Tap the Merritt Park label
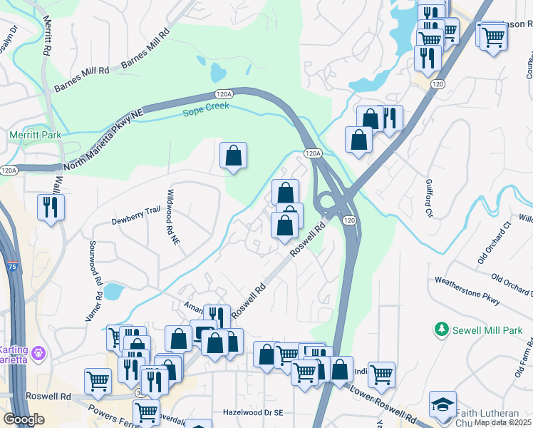point(35,135)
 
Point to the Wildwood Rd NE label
point(172,218)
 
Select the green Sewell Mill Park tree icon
point(441,330)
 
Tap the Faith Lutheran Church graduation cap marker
point(443,403)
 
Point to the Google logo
point(24,419)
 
